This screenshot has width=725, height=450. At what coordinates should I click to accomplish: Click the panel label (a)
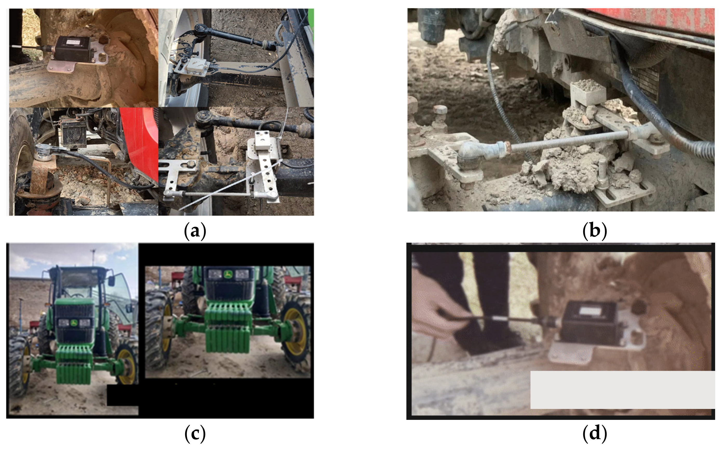click(195, 231)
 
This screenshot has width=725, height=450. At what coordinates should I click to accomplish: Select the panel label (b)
click(594, 231)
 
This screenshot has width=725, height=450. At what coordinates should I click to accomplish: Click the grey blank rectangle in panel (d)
click(622, 389)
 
